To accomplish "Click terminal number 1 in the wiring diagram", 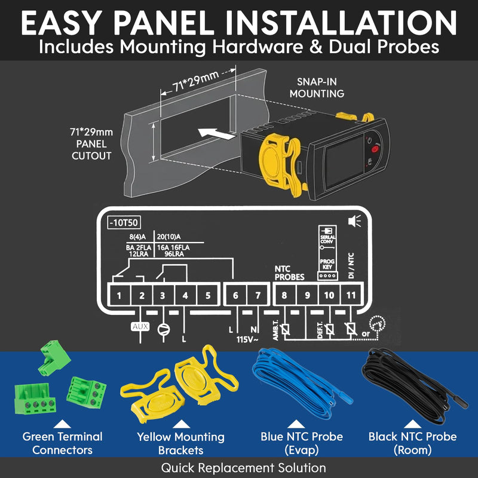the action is click(x=119, y=295).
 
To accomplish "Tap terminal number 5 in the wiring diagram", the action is click(x=208, y=295).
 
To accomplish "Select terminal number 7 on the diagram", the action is click(x=258, y=295).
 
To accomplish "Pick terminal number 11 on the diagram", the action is click(x=351, y=295).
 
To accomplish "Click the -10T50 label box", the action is click(x=124, y=222).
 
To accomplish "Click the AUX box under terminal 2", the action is click(x=140, y=327).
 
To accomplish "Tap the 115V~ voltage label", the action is click(x=247, y=339).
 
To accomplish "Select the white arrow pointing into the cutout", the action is click(x=216, y=133).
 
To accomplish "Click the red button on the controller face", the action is click(x=375, y=149).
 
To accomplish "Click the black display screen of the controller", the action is click(x=345, y=161).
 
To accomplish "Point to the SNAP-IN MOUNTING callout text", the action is click(x=317, y=87).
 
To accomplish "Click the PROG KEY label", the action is click(x=327, y=264).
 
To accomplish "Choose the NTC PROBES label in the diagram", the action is click(x=289, y=273).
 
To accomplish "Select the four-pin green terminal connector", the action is click(x=35, y=399).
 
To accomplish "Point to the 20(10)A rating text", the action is click(x=168, y=237).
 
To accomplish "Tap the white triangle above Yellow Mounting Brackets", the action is click(x=182, y=424).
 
